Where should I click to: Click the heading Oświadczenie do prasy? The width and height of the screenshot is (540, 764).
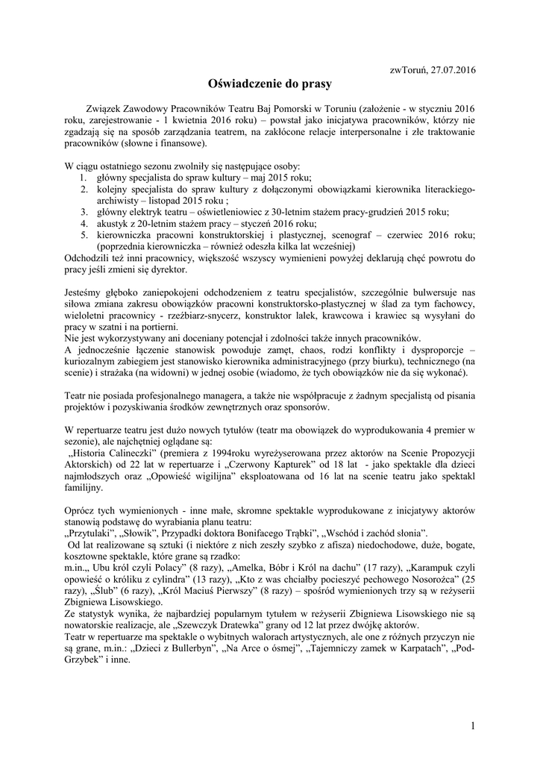tap(269, 84)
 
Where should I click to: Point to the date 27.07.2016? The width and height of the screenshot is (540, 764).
tap(451, 69)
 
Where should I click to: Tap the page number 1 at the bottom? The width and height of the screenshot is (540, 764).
tap(473, 726)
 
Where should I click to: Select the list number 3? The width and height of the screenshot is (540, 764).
tap(84, 212)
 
